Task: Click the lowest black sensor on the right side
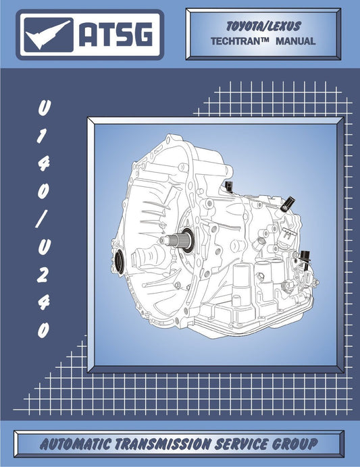310,258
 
